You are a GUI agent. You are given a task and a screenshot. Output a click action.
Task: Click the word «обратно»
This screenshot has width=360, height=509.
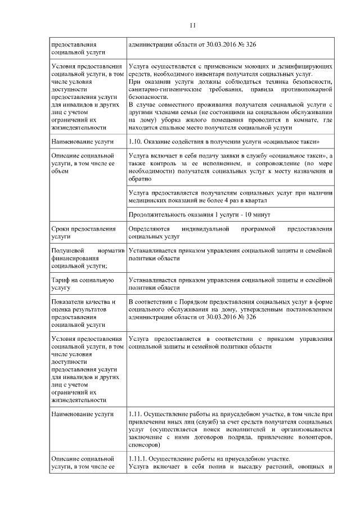tap(140, 179)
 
